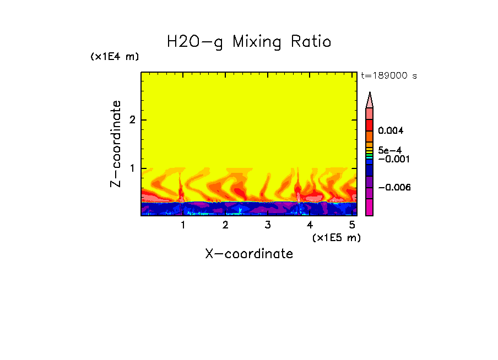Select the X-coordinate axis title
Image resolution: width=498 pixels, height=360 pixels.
249,254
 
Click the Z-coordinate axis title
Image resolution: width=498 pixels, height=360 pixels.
116,144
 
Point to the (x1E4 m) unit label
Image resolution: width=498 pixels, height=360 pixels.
115,57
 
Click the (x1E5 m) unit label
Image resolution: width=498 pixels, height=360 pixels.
336,237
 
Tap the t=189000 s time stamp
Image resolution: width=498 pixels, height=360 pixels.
389,76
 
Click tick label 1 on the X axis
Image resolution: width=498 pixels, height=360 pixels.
183,225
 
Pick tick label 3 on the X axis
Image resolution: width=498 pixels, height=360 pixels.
267,225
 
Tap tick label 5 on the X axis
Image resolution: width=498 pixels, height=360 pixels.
352,225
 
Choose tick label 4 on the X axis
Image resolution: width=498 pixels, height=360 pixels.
310,225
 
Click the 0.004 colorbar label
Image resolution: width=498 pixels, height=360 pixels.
391,131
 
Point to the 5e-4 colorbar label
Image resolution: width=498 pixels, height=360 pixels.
389,150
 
